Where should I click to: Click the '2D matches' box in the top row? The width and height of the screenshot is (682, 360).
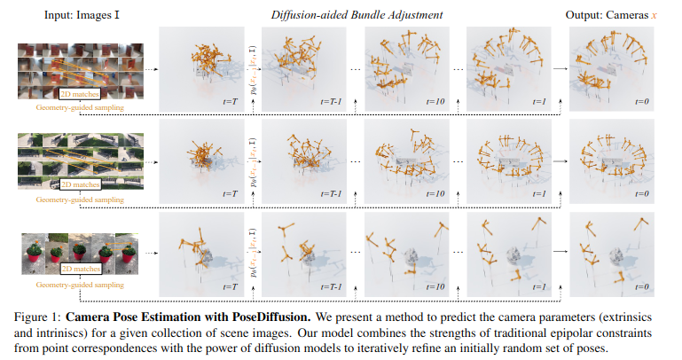[x=80, y=94]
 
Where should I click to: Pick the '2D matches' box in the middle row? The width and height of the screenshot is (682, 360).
[x=80, y=185]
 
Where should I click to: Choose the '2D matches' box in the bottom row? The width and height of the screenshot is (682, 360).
[x=80, y=268]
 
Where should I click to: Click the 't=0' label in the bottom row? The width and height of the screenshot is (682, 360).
[x=642, y=287]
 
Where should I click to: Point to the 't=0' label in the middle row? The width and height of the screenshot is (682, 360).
[x=642, y=193]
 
